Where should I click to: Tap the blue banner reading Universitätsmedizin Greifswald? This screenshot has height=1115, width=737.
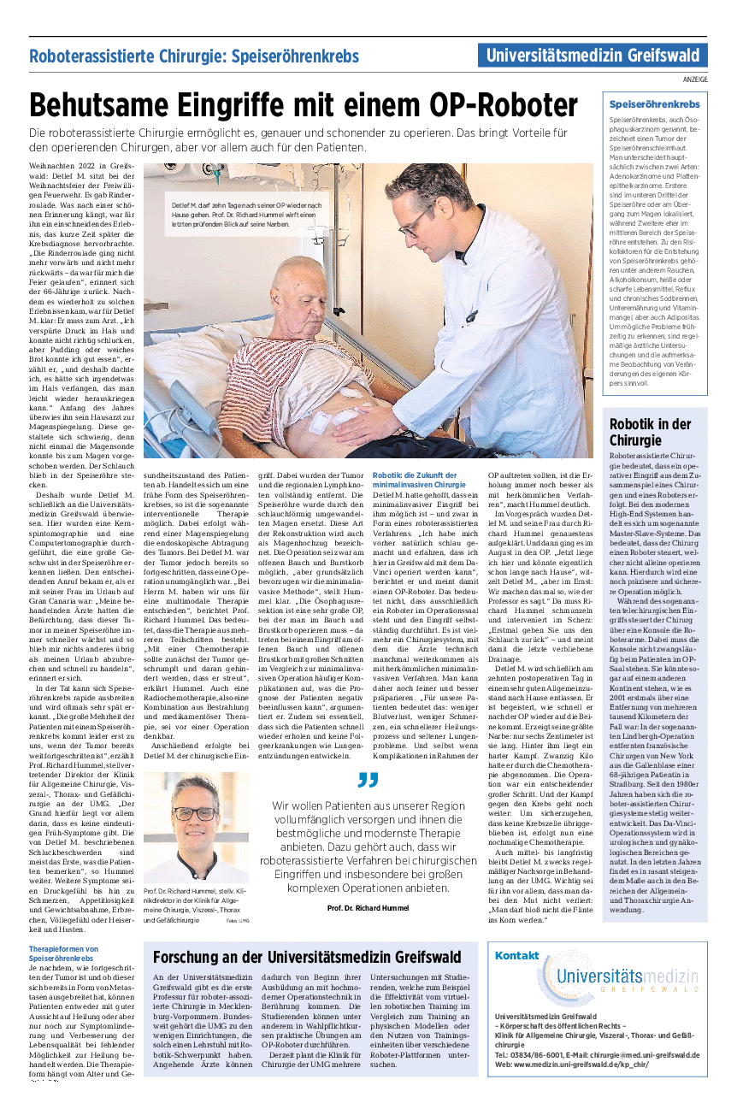593,56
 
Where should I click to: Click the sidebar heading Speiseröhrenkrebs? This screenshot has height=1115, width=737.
654,104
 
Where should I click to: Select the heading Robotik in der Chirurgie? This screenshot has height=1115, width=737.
650,432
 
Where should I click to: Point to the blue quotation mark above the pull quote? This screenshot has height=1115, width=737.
368,780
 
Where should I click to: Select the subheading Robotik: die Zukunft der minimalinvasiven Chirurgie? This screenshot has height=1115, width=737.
415,480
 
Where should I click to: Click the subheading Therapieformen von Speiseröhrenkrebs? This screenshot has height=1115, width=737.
63,953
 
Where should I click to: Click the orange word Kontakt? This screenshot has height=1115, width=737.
516,955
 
